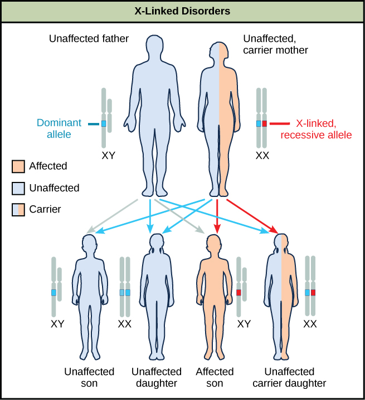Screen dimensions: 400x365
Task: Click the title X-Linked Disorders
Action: click(x=182, y=11)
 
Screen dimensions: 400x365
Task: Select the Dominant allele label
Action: click(x=60, y=128)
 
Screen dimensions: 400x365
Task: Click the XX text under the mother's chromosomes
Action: click(x=261, y=156)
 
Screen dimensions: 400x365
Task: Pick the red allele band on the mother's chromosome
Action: click(x=265, y=124)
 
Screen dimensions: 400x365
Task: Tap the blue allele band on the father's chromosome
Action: click(x=104, y=124)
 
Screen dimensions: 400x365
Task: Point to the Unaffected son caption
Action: click(x=89, y=377)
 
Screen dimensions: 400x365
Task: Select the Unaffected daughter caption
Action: click(x=156, y=377)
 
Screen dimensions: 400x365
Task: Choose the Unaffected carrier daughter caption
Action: click(x=289, y=377)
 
